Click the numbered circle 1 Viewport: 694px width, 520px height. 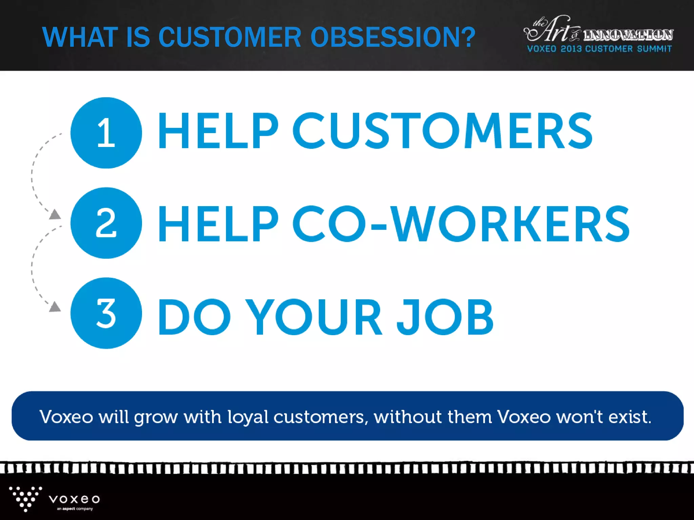(x=106, y=133)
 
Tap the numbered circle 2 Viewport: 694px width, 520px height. (x=106, y=223)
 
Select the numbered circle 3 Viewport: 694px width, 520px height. (x=106, y=313)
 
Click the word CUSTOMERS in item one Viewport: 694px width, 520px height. (x=443, y=131)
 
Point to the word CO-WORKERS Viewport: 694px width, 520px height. (x=461, y=224)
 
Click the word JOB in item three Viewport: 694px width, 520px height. (x=445, y=317)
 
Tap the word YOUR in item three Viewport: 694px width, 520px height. (x=313, y=317)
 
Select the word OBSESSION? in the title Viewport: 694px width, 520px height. (x=393, y=37)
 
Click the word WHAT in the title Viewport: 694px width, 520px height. (x=80, y=37)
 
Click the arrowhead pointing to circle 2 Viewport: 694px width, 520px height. (x=55, y=214)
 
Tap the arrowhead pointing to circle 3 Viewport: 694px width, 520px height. (x=55, y=307)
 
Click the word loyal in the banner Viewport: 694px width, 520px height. (x=248, y=417)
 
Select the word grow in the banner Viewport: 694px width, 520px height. (x=156, y=417)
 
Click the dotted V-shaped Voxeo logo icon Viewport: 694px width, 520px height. (x=25, y=499)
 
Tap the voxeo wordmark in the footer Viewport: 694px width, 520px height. (x=74, y=499)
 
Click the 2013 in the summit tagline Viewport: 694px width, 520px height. (x=571, y=49)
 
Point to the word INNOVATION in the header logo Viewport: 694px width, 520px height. (x=628, y=35)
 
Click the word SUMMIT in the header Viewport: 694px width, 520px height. (x=654, y=49)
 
